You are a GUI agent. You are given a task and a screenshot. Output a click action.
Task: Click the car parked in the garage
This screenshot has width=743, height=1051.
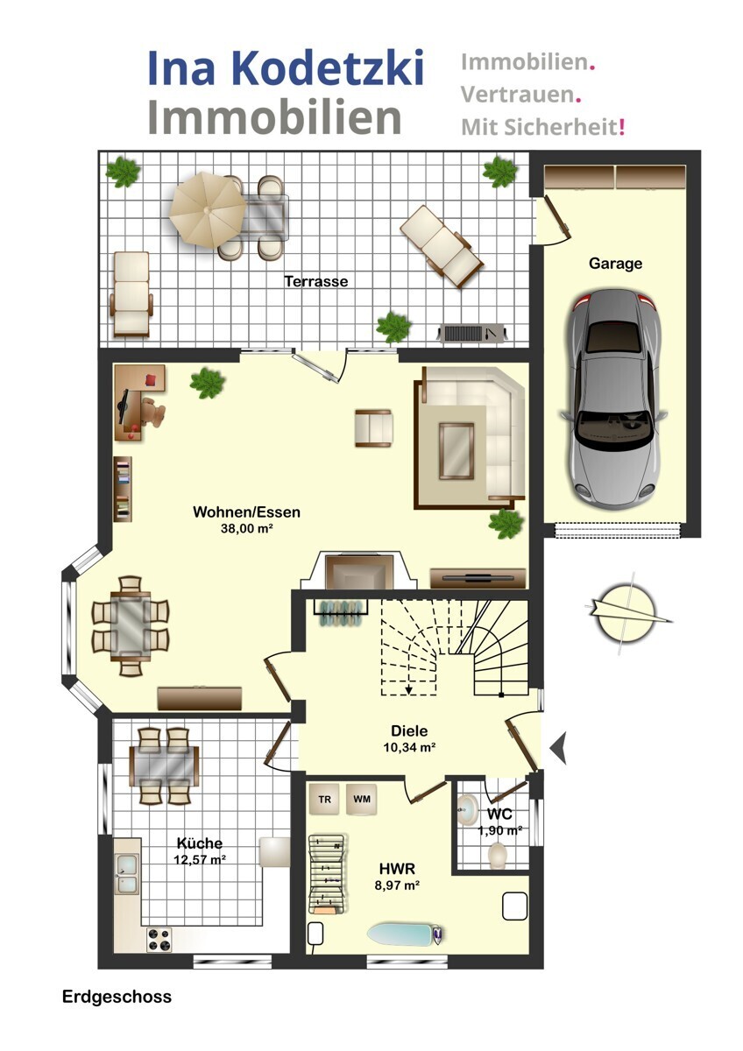pyautogui.click(x=613, y=399)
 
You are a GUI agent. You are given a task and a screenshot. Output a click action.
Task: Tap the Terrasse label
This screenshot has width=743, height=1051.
pyautogui.click(x=316, y=281)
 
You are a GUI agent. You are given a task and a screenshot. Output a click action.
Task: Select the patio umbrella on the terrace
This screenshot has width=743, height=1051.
pyautogui.click(x=208, y=209)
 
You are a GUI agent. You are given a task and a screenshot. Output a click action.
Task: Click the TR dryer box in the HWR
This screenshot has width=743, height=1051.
pyautogui.click(x=324, y=799)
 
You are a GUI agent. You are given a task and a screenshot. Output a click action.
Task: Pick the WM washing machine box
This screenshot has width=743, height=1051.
pyautogui.click(x=361, y=799)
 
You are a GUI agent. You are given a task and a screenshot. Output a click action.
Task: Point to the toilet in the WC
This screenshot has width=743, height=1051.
pyautogui.click(x=497, y=855)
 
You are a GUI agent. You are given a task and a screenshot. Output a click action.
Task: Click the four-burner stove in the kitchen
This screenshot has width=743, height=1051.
pyautogui.click(x=159, y=939)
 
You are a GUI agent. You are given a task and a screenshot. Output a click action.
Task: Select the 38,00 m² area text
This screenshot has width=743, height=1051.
pyautogui.click(x=247, y=528)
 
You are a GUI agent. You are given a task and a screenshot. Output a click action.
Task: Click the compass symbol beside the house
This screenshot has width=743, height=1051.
pyautogui.click(x=626, y=613)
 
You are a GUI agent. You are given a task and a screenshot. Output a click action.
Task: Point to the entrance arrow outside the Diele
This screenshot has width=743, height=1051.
pyautogui.click(x=558, y=748)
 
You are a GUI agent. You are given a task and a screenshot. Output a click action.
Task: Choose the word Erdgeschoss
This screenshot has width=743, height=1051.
pyautogui.click(x=117, y=997)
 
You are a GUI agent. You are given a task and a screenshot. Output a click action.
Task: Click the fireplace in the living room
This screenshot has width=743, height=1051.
pyautogui.click(x=359, y=570)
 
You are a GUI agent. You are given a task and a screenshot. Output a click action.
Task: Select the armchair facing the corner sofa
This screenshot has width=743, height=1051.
pyautogui.click(x=373, y=428)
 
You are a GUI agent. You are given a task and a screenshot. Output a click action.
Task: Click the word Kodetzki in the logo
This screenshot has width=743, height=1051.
pyautogui.click(x=328, y=68)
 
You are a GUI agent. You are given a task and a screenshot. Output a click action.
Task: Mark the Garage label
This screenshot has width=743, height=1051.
pyautogui.click(x=615, y=264)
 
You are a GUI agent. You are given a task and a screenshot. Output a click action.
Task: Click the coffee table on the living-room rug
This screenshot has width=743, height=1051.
pyautogui.click(x=456, y=451)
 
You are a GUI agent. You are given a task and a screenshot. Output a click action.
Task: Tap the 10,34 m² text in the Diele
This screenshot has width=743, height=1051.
pyautogui.click(x=409, y=747)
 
